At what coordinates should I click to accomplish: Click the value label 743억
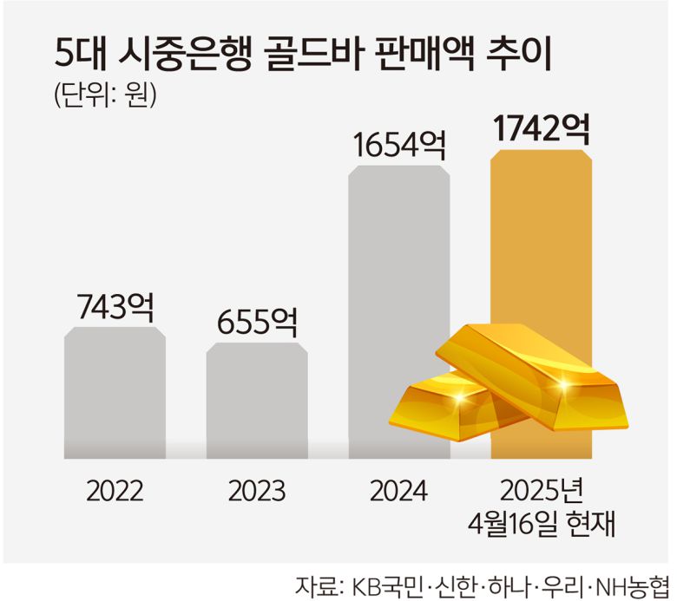115,306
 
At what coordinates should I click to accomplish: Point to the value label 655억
257,323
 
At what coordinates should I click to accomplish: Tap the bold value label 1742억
541,130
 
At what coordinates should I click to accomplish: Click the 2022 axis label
115,492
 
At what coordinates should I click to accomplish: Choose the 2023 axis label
257,492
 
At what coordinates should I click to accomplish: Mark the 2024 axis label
398,492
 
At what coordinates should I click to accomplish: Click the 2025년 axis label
541,491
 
